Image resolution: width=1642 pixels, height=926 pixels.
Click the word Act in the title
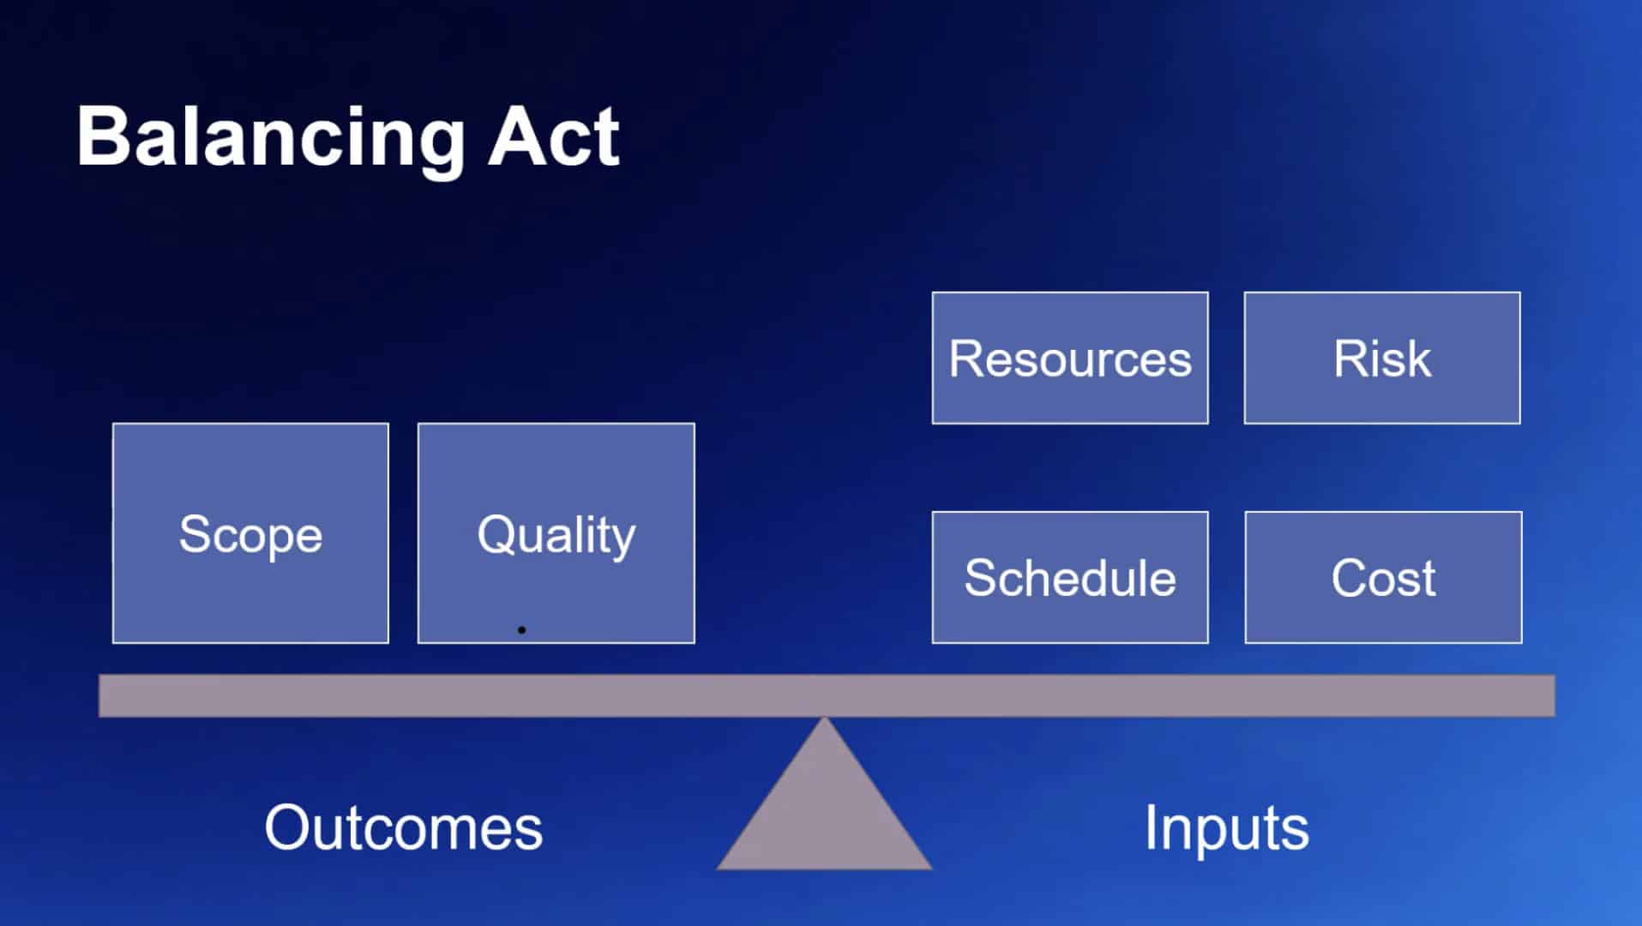[x=554, y=136]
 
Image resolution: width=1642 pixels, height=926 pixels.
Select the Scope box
[x=250, y=532]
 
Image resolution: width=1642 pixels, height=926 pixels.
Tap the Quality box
[x=556, y=532]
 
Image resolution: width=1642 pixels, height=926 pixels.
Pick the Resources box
[x=1070, y=358]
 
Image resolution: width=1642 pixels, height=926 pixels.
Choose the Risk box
[x=1382, y=358]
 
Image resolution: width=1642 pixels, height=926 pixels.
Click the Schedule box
[x=1070, y=577]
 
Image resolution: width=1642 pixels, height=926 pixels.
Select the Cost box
[x=1384, y=577]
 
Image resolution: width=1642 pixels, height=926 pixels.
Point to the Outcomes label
[x=404, y=827]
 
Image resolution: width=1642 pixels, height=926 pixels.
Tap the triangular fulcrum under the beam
[x=824, y=806]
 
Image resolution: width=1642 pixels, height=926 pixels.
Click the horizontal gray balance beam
[x=827, y=695]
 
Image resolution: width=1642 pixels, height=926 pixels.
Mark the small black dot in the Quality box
[x=521, y=630]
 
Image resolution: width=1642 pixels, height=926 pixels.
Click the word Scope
[x=250, y=535]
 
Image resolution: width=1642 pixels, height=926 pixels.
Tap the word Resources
[x=1070, y=358]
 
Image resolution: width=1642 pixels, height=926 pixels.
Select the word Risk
[x=1382, y=358]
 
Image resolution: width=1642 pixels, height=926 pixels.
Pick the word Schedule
[x=1070, y=577]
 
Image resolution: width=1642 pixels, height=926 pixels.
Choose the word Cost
[x=1384, y=578]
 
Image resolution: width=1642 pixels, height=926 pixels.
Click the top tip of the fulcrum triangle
[x=824, y=718]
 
